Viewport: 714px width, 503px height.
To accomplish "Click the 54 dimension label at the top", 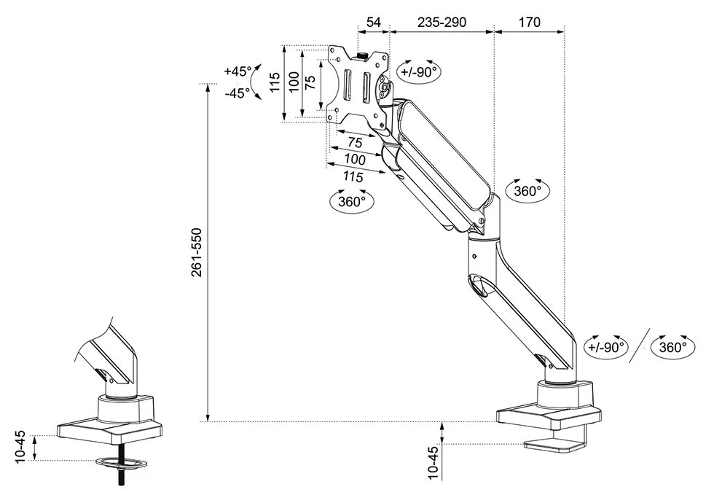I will [373, 22].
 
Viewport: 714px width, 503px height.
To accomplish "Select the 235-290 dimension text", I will [442, 22].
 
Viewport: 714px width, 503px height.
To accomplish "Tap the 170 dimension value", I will [529, 22].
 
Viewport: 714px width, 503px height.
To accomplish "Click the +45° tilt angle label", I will [238, 71].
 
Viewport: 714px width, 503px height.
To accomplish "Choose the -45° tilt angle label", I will [238, 93].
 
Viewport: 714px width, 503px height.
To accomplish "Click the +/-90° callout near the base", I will [606, 348].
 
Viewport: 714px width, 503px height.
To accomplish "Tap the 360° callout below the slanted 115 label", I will [352, 201].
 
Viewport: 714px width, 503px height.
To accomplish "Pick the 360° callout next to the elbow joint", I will [527, 192].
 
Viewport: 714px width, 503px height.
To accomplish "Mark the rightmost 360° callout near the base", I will [672, 348].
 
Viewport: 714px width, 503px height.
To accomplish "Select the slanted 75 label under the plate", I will [356, 141].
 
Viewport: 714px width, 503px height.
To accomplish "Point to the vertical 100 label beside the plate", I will [293, 82].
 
